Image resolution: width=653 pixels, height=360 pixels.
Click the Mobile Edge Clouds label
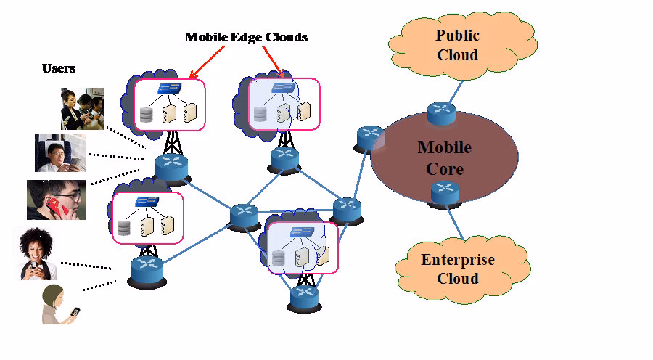pyautogui.click(x=246, y=37)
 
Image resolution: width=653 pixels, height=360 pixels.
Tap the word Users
pyautogui.click(x=58, y=68)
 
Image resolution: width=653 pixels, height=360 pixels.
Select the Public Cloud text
pyautogui.click(x=457, y=45)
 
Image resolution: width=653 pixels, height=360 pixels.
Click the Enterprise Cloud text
pyautogui.click(x=458, y=269)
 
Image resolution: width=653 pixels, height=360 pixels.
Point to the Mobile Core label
pyautogui.click(x=444, y=158)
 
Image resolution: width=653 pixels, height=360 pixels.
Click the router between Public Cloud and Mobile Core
pyautogui.click(x=440, y=112)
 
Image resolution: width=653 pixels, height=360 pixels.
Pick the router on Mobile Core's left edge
pyautogui.click(x=369, y=138)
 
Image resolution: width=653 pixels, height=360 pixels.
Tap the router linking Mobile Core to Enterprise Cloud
pyautogui.click(x=444, y=193)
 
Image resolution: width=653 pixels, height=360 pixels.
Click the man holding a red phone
pyautogui.click(x=56, y=200)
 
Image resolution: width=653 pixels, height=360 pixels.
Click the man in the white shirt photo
pyautogui.click(x=59, y=152)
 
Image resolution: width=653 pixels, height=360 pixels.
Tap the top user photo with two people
pyautogui.click(x=81, y=108)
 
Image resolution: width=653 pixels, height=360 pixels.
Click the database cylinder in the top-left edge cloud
pyautogui.click(x=148, y=114)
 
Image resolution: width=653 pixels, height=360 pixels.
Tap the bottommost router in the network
pyautogui.click(x=303, y=296)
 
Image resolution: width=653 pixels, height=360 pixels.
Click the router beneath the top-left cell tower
pyautogui.click(x=171, y=167)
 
